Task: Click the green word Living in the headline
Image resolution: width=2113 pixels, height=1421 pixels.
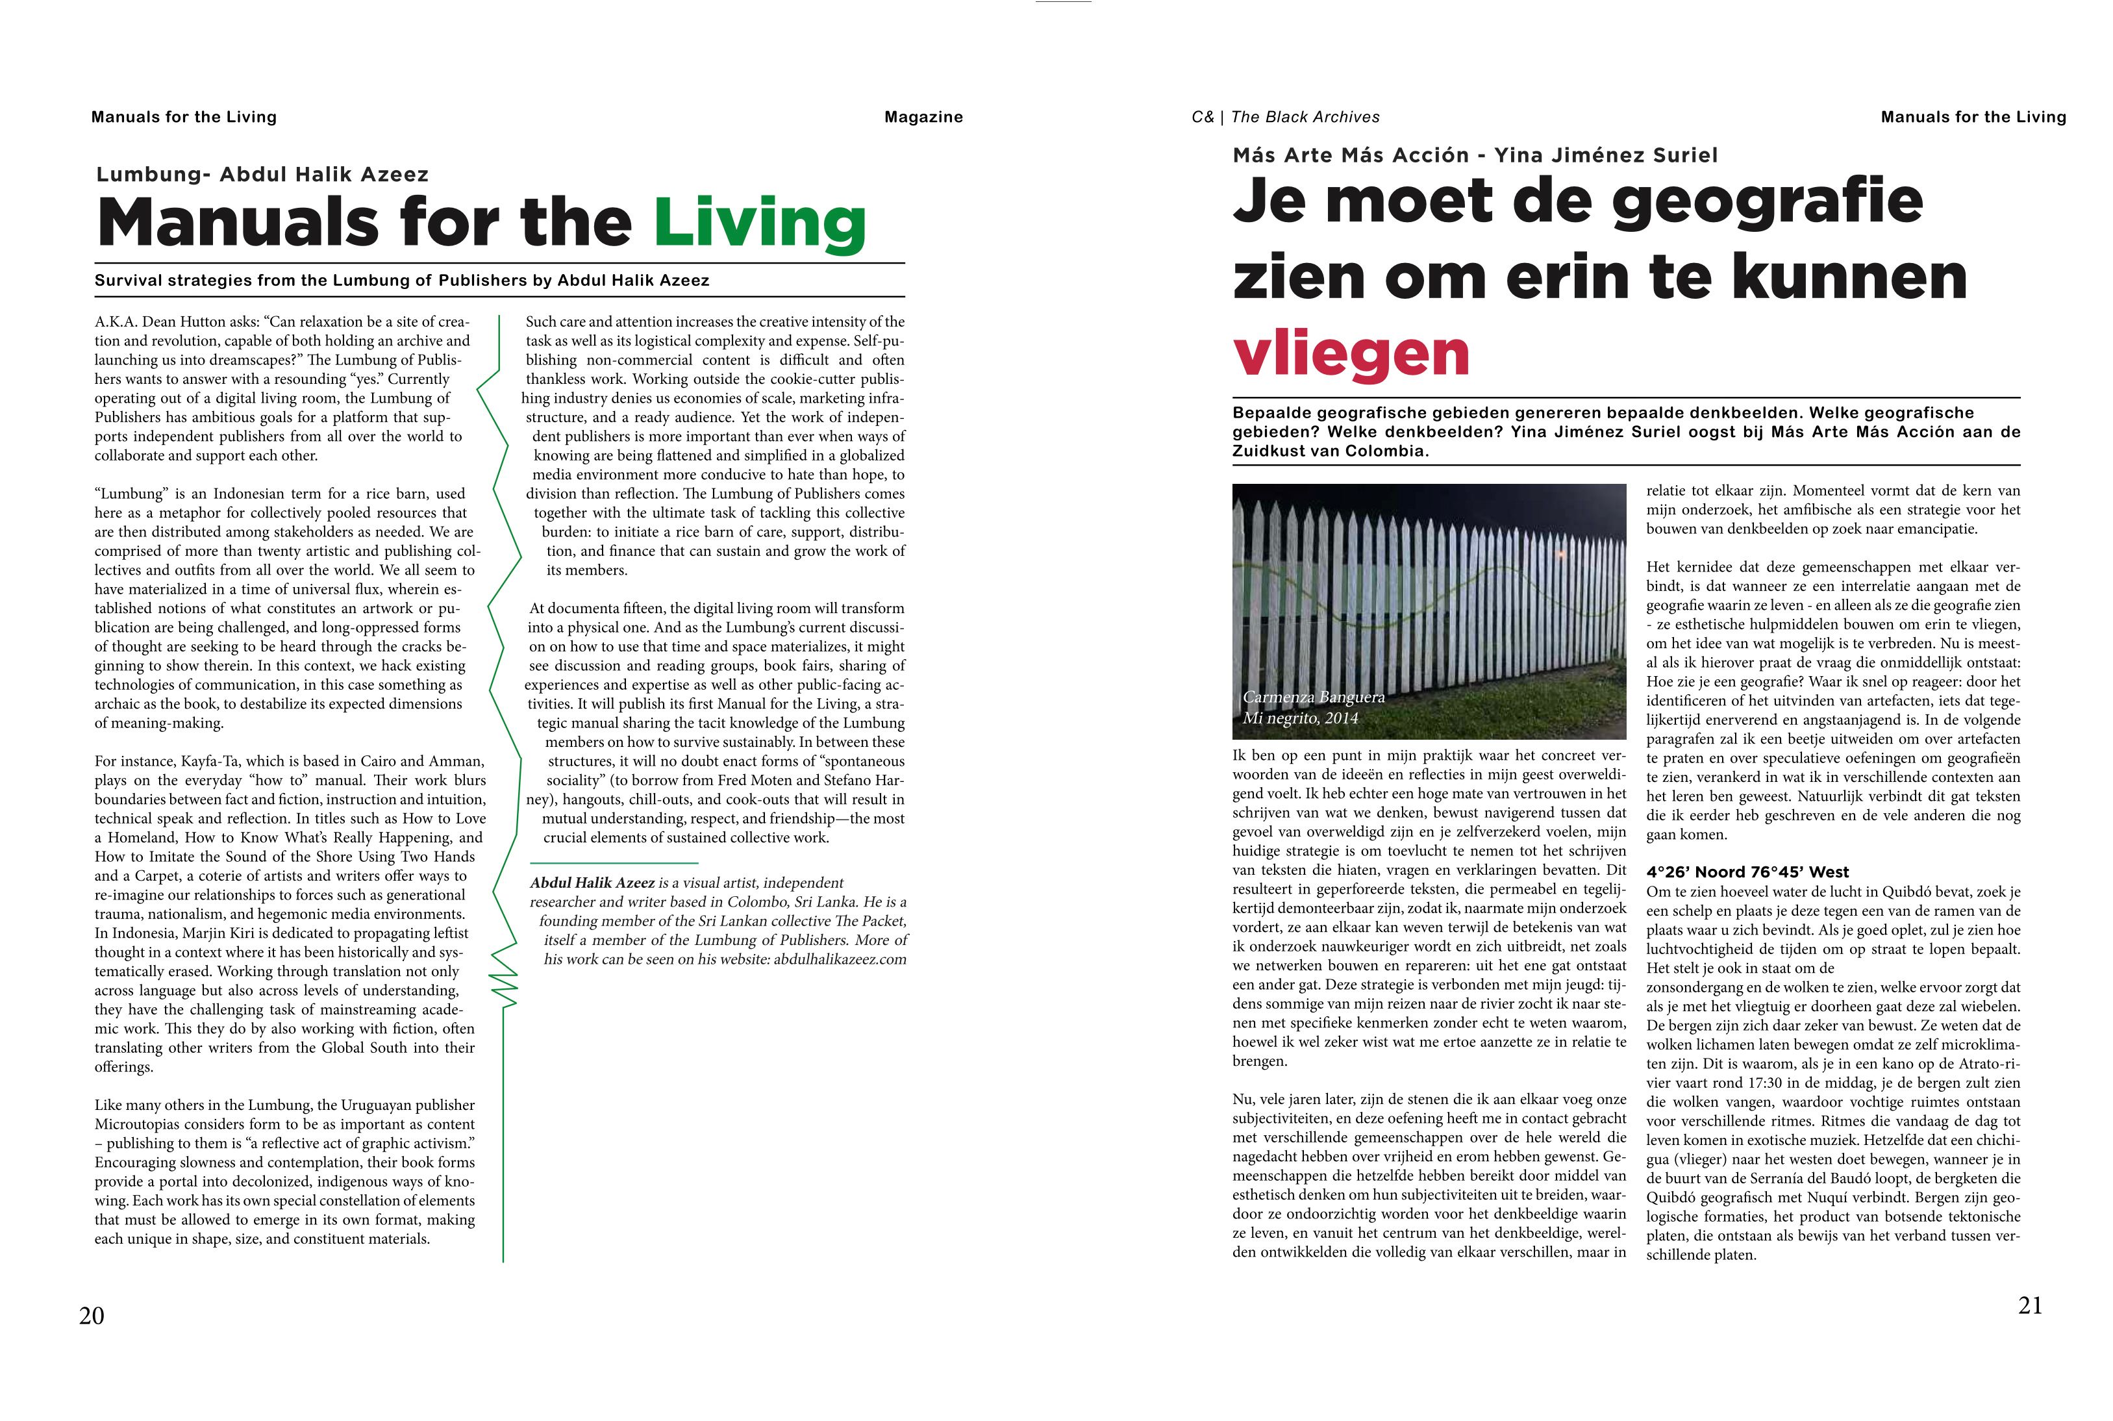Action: coord(759,223)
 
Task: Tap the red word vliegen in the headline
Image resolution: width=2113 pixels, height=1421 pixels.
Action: coord(1350,355)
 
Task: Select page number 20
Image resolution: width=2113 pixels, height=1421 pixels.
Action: coord(92,1316)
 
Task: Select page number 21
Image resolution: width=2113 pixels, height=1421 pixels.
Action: coord(2031,1305)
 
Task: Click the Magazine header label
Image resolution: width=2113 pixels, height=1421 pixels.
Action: coord(923,117)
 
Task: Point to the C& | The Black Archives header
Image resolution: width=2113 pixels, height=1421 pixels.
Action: coord(1285,117)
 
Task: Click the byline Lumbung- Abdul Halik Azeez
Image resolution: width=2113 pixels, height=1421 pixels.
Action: coord(262,174)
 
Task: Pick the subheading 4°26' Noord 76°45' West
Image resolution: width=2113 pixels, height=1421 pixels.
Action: coord(1747,872)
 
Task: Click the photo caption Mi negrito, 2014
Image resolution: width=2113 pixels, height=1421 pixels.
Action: coord(1300,718)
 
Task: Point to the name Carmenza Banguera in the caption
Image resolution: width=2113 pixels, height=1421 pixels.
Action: coord(1313,697)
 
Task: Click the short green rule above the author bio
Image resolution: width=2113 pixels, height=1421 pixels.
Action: coord(614,862)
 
